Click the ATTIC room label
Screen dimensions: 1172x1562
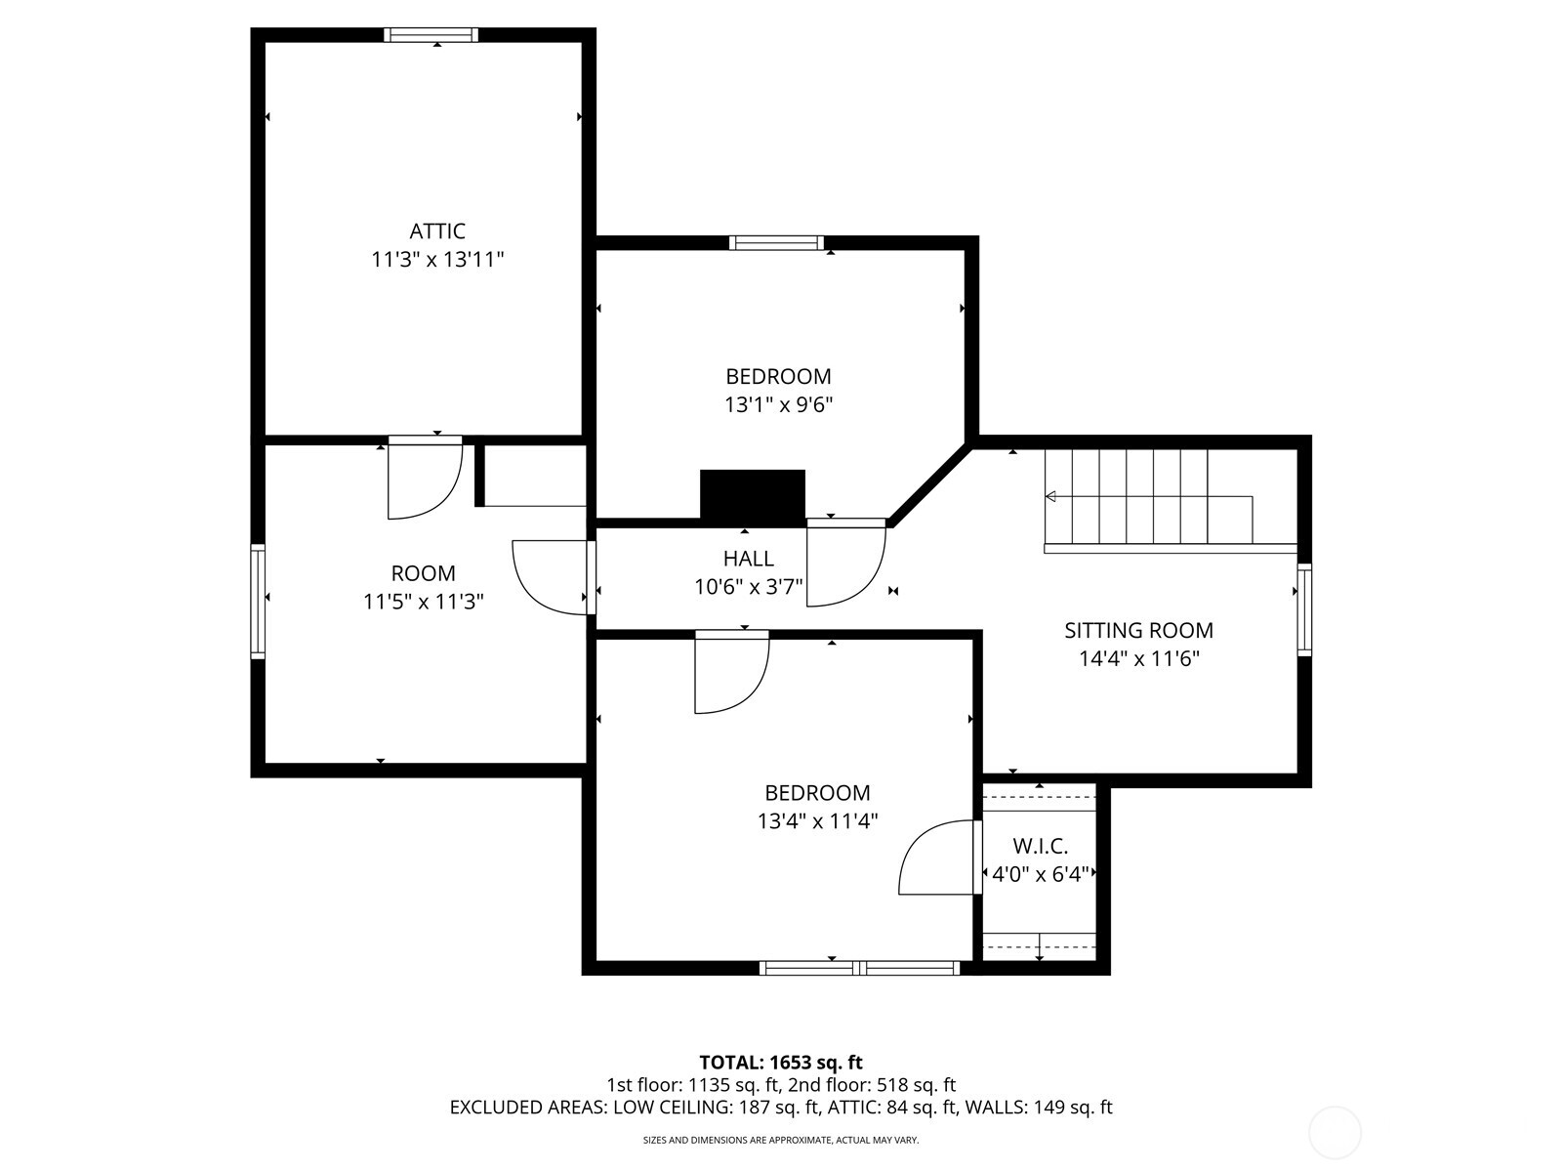pos(436,231)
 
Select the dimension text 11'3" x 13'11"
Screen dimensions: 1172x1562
pos(436,260)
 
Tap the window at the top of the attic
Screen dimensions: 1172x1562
pos(431,35)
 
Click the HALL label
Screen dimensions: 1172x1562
pos(748,559)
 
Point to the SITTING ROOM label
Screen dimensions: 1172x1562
pos(1138,630)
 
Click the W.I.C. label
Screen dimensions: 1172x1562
pos(1040,846)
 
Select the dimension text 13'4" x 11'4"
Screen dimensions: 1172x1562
pos(817,821)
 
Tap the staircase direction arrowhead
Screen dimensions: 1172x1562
pos(1050,497)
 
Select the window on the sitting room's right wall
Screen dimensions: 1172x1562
pos(1303,607)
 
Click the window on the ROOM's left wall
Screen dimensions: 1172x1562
pos(258,601)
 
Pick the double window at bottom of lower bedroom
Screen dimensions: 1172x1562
pos(859,968)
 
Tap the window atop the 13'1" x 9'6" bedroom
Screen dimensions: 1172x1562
pos(776,243)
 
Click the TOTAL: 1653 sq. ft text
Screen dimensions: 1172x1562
pos(780,1062)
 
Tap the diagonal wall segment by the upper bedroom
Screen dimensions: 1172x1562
pos(930,485)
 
